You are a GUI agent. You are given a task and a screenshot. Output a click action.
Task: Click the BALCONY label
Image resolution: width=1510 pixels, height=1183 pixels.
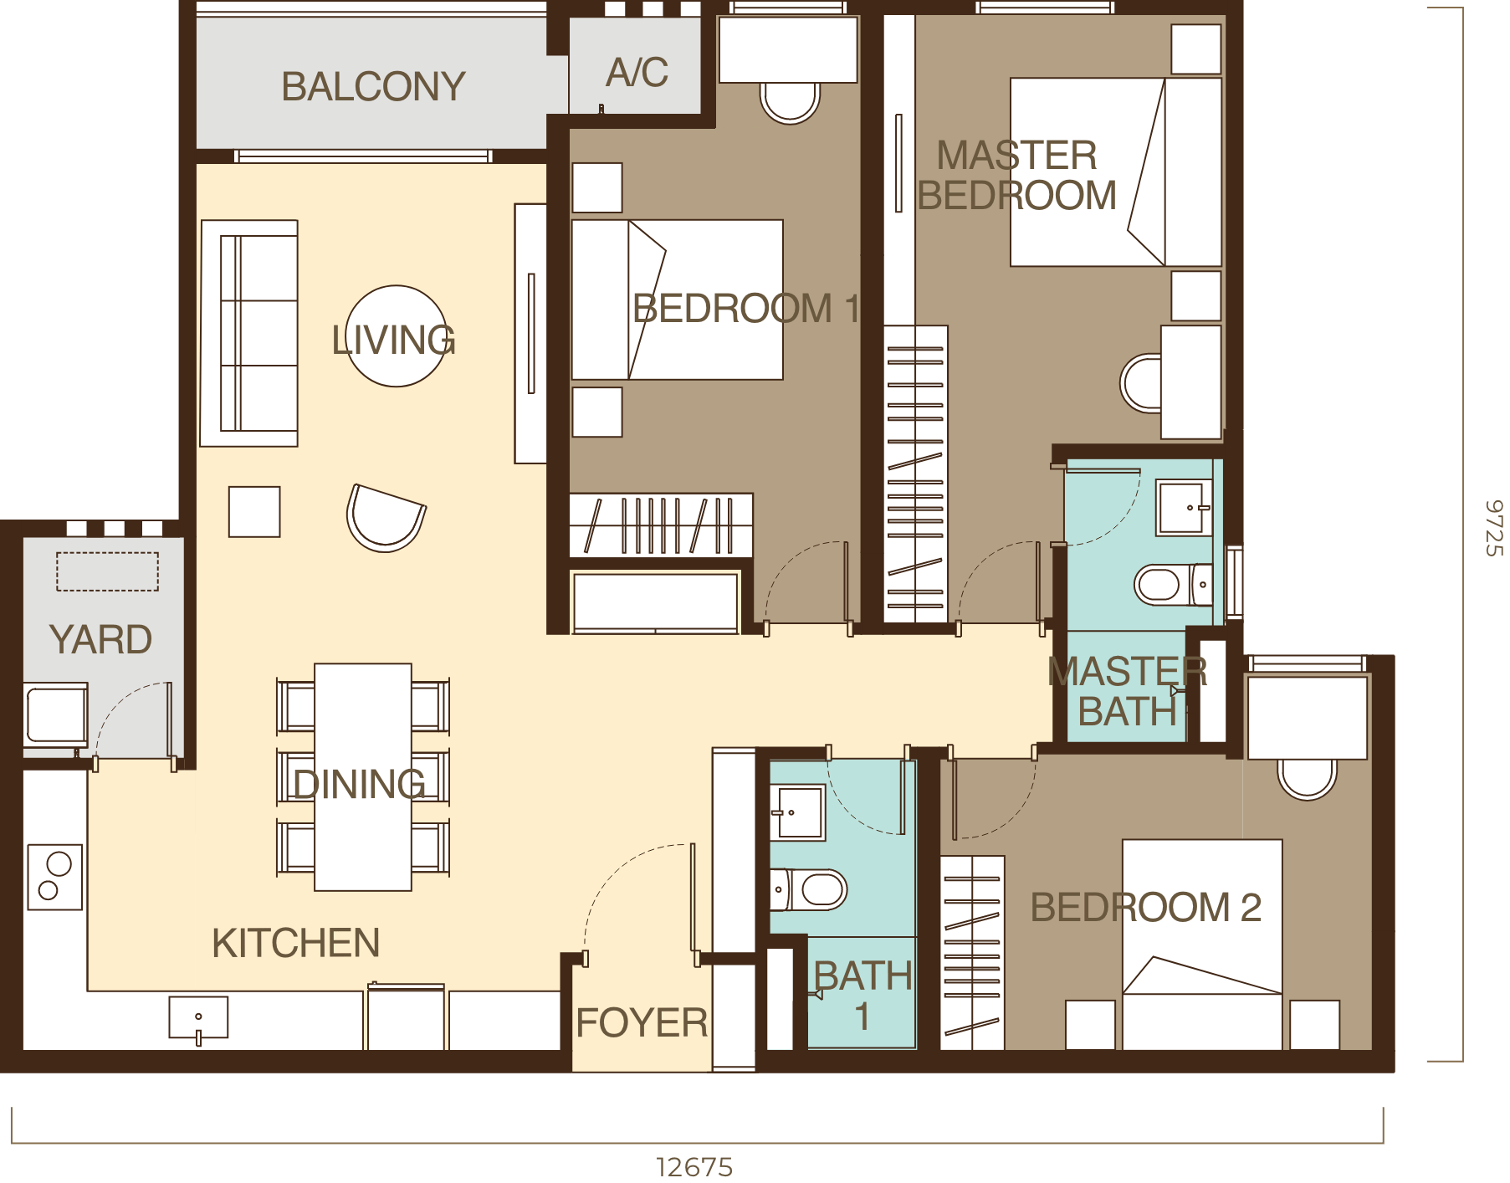tap(373, 87)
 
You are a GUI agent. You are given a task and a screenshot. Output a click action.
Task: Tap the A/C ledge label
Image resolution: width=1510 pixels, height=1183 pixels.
tap(637, 73)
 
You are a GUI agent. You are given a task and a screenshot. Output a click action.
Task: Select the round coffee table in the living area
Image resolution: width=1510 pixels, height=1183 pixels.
tap(396, 336)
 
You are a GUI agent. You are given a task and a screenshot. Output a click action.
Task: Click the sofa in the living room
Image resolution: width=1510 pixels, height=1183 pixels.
tap(250, 333)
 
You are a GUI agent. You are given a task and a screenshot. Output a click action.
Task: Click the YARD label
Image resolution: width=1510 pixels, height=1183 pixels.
tap(100, 640)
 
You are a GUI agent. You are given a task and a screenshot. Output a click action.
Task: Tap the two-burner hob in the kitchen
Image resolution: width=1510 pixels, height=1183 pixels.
tap(55, 877)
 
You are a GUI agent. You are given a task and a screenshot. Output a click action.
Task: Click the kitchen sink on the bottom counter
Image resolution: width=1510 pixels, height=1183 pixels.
tap(198, 1017)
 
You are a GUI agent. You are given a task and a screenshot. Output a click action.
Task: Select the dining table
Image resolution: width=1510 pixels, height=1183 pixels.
tap(363, 776)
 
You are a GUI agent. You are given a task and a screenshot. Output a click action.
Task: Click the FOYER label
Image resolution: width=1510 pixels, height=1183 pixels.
tap(642, 1022)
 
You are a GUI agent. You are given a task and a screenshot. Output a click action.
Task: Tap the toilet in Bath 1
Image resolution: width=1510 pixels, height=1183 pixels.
tap(816, 889)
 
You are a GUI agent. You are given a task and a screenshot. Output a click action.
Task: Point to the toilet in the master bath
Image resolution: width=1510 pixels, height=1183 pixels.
tap(1167, 585)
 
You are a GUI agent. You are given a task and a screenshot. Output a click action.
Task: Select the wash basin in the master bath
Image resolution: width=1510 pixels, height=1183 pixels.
tap(1184, 507)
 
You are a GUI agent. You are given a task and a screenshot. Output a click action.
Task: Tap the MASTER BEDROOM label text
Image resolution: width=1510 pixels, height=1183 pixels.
tap(1016, 176)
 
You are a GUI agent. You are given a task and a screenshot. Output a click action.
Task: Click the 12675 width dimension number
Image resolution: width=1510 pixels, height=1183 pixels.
tap(695, 1167)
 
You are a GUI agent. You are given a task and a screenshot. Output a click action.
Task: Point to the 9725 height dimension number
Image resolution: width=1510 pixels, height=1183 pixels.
tap(1494, 528)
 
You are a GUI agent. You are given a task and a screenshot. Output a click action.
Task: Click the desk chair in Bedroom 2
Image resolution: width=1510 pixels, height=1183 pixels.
tap(1307, 779)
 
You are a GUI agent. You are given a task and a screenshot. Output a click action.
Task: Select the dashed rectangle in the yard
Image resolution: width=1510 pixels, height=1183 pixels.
tap(107, 571)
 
